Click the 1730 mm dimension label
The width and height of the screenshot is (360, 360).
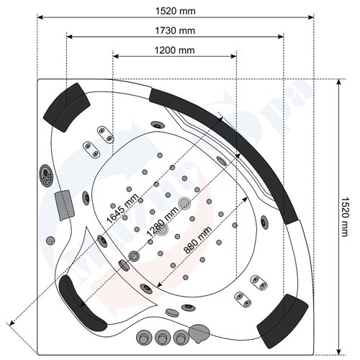(x=176, y=30)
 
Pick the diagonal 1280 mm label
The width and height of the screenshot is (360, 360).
(x=161, y=218)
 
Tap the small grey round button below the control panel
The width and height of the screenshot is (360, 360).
(x=51, y=239)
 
